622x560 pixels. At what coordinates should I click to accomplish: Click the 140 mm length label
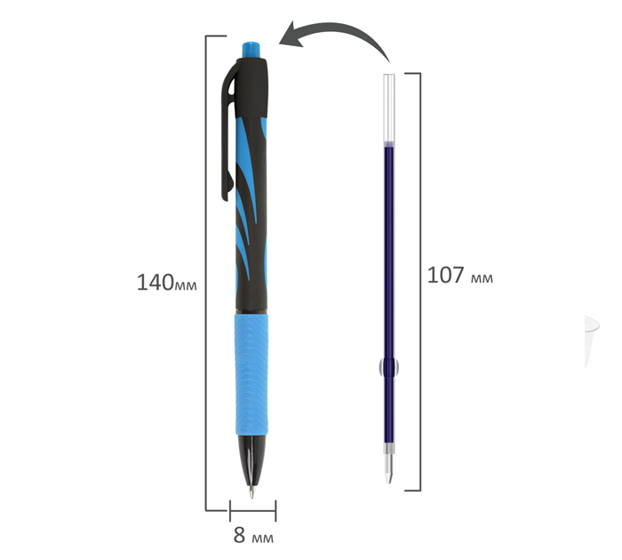(x=167, y=283)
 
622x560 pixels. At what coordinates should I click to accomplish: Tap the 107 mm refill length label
(x=459, y=275)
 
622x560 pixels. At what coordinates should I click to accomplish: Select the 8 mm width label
(x=253, y=535)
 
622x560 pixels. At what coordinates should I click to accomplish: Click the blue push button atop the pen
(x=251, y=50)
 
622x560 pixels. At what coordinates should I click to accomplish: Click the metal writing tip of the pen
(x=251, y=492)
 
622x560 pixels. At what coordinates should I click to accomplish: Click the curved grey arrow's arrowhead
(x=291, y=35)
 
